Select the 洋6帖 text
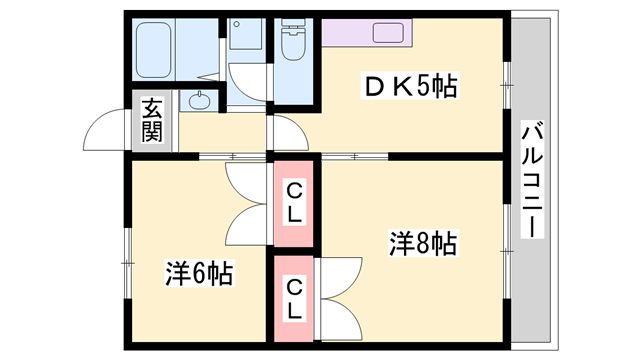[200, 272]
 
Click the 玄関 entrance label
[151, 120]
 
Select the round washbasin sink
[200, 100]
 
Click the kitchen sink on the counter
[387, 32]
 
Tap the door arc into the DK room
[284, 130]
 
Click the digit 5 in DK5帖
[422, 88]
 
